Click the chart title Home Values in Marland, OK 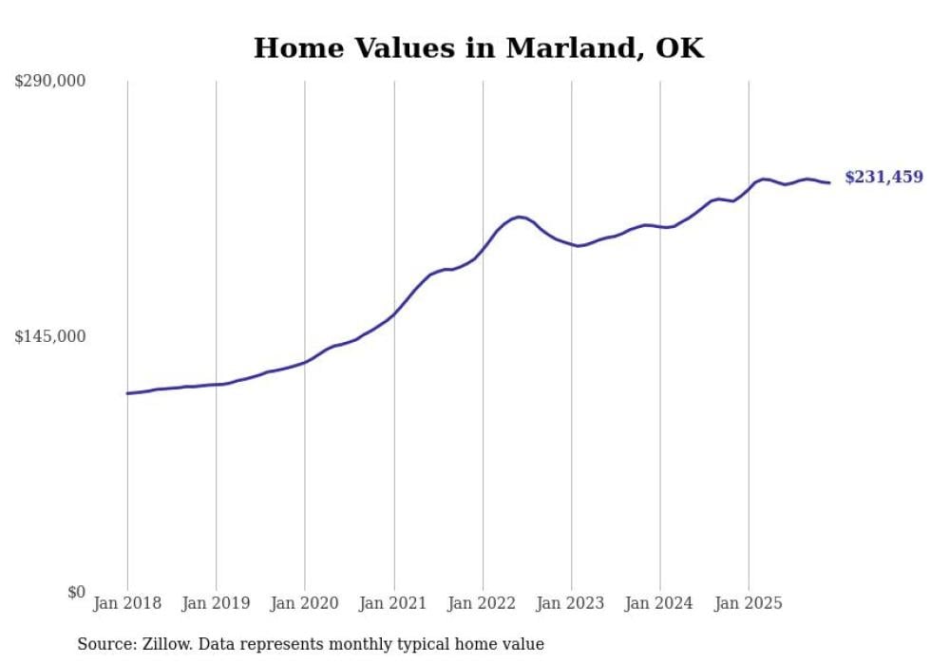coord(479,47)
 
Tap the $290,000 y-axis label coord(49,81)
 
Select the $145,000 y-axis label coord(49,336)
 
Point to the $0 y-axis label coord(76,592)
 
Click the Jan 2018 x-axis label coord(127,603)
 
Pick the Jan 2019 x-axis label coord(216,603)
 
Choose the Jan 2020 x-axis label coord(305,603)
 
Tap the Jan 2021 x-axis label coord(393,603)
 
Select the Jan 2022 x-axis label coord(483,603)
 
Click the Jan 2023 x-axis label coord(571,603)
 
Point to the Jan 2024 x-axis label coord(660,603)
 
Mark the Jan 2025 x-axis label coord(749,603)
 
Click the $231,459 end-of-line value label coord(883,177)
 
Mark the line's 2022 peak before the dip coord(519,217)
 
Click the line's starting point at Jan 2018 coord(127,393)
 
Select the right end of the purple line coord(829,182)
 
